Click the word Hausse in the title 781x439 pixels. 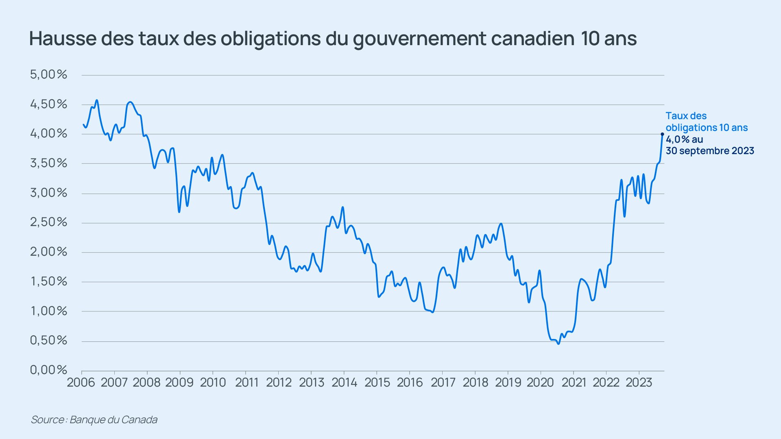tap(63, 39)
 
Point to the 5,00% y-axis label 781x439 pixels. tap(48, 74)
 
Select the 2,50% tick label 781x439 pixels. tap(48, 222)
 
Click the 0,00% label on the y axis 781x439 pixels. tap(48, 370)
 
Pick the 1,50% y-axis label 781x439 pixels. tap(48, 281)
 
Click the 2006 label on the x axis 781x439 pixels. tap(81, 382)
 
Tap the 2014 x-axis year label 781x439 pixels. tap(344, 382)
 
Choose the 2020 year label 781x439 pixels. tap(540, 382)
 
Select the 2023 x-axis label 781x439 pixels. tap(639, 382)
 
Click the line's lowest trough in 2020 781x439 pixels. tap(558, 344)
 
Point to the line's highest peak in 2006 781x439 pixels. tap(96, 100)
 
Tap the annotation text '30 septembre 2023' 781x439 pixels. tap(710, 151)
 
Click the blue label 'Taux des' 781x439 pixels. tap(686, 116)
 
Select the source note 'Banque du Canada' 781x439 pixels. tap(113, 419)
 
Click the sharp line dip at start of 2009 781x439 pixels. tap(179, 212)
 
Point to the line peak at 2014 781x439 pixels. tap(343, 207)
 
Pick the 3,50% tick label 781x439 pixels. tap(48, 163)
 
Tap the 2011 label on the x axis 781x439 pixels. tap(247, 382)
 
